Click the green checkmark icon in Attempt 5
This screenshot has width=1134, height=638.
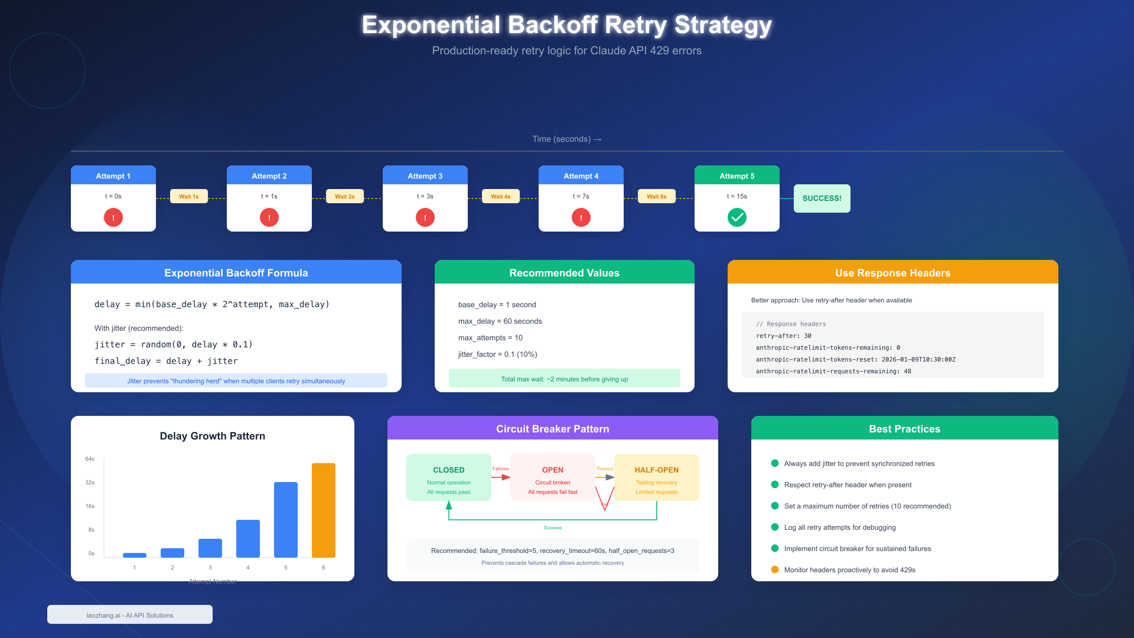click(737, 217)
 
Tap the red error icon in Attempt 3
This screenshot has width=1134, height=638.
click(425, 217)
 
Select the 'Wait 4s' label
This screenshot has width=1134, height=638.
click(500, 196)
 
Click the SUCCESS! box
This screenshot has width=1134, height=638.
click(822, 198)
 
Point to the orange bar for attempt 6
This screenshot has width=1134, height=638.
click(323, 510)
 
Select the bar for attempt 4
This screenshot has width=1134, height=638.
click(248, 539)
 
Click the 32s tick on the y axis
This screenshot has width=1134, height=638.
click(90, 483)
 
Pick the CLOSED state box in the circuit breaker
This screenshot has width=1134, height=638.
click(448, 477)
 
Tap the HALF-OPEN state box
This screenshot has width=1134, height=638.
click(656, 477)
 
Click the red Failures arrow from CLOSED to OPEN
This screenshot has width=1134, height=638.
click(501, 477)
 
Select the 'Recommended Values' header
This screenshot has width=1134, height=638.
click(564, 272)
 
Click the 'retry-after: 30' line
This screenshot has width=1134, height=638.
click(783, 336)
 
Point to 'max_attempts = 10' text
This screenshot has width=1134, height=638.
click(490, 338)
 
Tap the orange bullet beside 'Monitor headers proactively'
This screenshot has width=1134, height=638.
click(775, 569)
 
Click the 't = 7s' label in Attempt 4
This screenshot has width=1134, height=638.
click(581, 196)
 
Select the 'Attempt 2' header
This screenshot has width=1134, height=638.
click(269, 176)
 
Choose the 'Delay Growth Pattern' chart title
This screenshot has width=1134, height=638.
click(212, 436)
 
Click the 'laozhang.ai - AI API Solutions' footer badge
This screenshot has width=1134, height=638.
click(129, 615)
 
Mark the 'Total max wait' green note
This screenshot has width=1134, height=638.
click(564, 379)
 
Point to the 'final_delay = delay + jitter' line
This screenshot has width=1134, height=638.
click(166, 361)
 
